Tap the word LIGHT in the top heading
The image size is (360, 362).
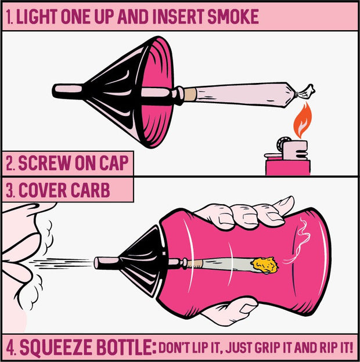click(36, 17)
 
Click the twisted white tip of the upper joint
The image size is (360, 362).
click(305, 91)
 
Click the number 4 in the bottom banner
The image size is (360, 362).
click(11, 348)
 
